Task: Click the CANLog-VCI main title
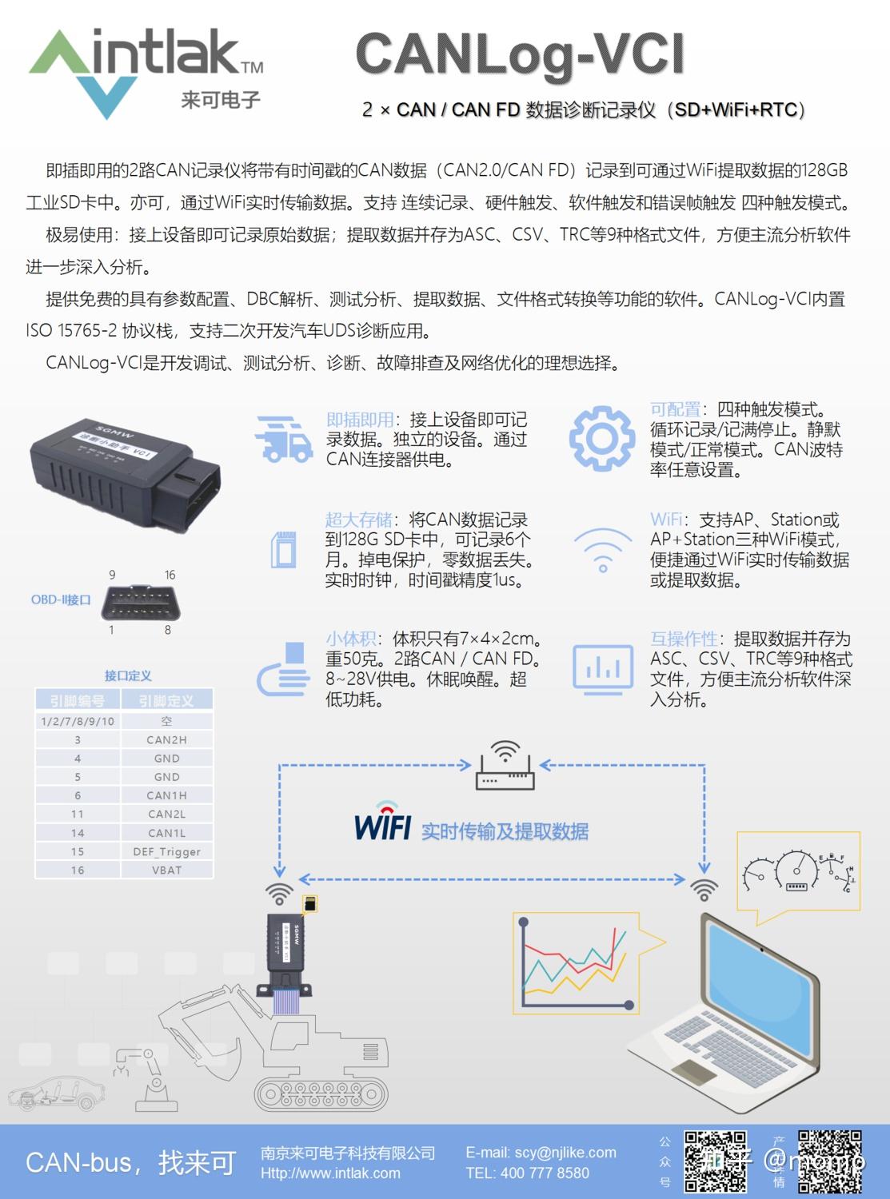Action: coord(520,54)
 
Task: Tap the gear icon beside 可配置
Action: coord(601,438)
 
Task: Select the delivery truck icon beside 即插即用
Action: coord(283,438)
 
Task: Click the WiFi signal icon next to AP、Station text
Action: coord(602,551)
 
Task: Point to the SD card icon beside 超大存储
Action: coord(284,549)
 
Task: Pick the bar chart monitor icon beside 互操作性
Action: coord(602,667)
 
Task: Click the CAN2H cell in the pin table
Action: coord(166,740)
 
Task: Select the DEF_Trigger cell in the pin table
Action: coord(166,851)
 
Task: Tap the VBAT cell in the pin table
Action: coord(166,870)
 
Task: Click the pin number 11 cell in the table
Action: coord(78,814)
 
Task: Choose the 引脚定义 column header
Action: coord(166,701)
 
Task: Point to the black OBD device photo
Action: coord(126,471)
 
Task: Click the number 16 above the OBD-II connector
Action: coord(170,575)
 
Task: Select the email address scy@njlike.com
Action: coord(541,1153)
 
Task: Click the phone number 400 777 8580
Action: coord(527,1173)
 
